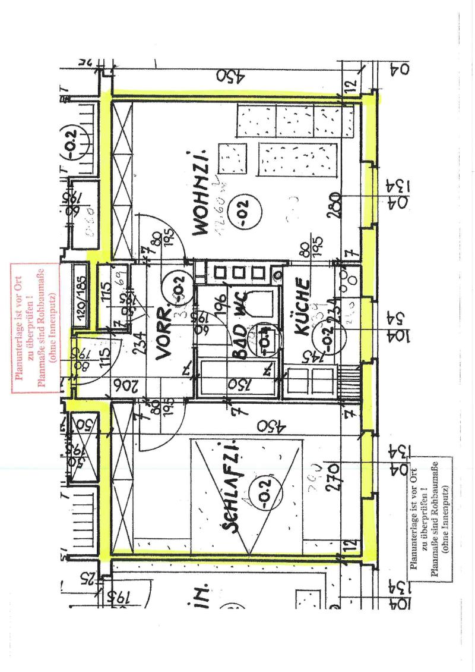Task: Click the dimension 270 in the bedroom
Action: (332, 476)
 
